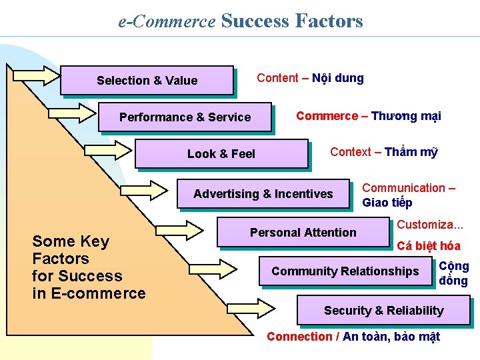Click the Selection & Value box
point(147,80)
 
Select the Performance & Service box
point(185,117)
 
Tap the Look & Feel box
point(221,153)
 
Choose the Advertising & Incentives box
point(263,194)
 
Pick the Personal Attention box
point(303,232)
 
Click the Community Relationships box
point(345,271)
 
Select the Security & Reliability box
point(383,311)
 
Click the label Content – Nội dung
point(310,78)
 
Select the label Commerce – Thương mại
point(368,116)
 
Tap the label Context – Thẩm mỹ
point(383,152)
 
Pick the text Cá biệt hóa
point(429,246)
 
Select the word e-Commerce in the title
point(167,21)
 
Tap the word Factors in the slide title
point(328,21)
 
